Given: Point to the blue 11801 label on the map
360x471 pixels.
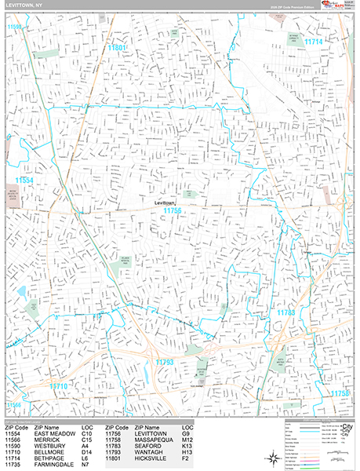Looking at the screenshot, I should pyautogui.click(x=117, y=48).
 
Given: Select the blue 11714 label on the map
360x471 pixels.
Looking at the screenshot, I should pyautogui.click(x=314, y=41).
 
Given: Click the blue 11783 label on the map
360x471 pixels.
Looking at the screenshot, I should pyautogui.click(x=285, y=313).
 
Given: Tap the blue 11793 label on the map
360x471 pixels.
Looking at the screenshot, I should pyautogui.click(x=164, y=362).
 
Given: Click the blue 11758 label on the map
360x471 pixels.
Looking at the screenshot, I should pyautogui.click(x=339, y=392).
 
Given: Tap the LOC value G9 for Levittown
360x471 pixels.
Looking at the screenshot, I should pyautogui.click(x=186, y=433).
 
